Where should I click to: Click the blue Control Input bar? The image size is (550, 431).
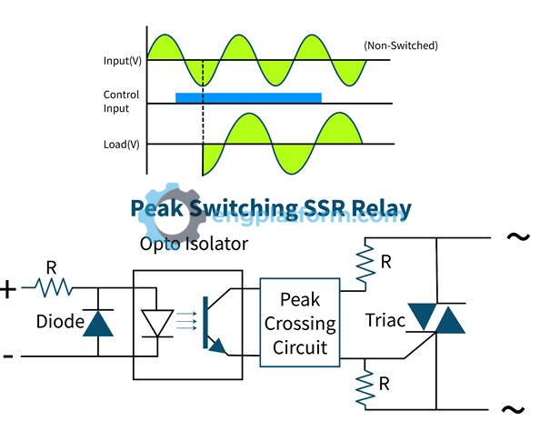tap(248, 96)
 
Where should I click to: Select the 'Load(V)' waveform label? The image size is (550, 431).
tap(121, 144)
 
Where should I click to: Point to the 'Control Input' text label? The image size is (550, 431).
tap(121, 101)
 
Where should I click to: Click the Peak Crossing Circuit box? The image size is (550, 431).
tap(300, 323)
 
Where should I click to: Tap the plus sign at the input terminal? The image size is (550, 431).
tap(9, 289)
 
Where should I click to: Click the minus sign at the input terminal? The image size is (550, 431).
tap(8, 356)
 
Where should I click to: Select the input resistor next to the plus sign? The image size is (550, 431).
tap(52, 288)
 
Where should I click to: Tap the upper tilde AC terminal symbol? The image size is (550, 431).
tap(517, 238)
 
